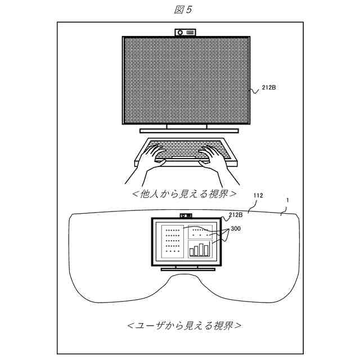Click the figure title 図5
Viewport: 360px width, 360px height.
(179, 10)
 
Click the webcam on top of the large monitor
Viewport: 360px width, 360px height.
(185, 33)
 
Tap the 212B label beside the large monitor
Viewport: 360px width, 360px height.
(268, 88)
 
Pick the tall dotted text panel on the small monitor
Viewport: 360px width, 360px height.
(171, 242)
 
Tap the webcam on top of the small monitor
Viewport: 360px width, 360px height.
(185, 215)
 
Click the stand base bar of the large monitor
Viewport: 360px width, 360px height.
(188, 130)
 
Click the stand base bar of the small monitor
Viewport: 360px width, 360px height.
(184, 268)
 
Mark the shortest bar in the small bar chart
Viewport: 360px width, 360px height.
(192, 253)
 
